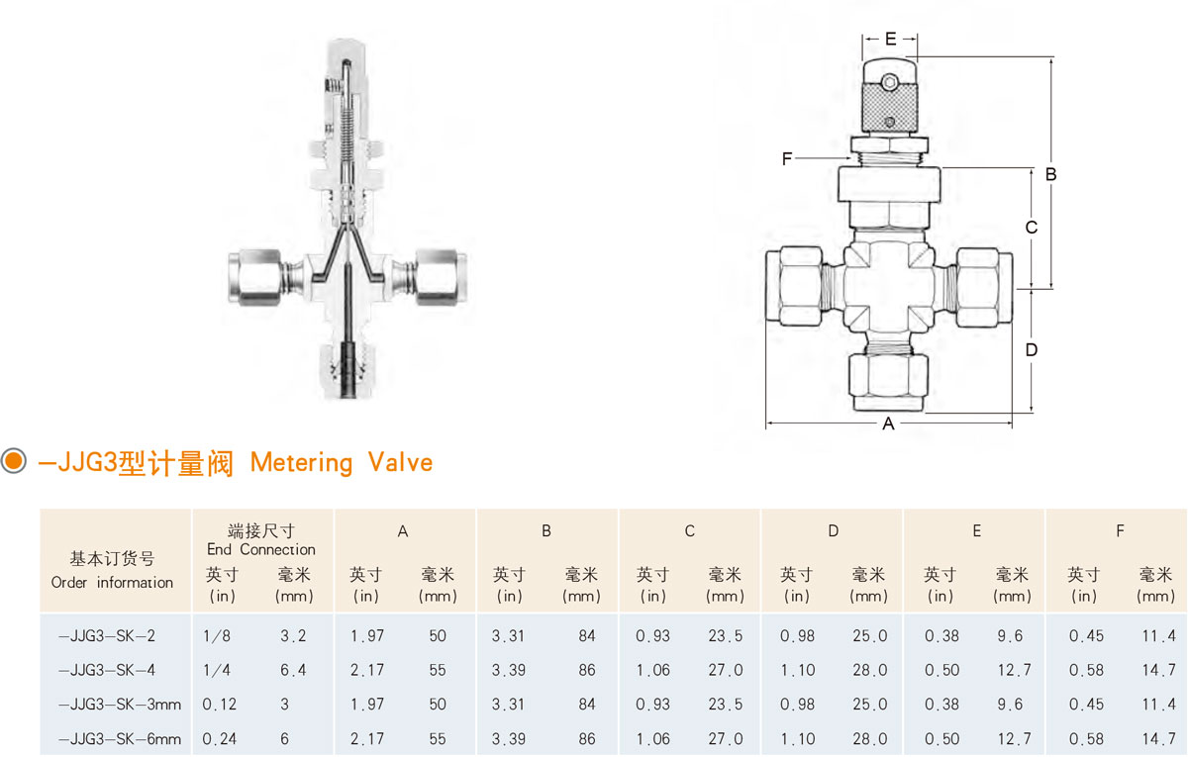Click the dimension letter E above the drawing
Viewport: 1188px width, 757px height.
click(x=890, y=39)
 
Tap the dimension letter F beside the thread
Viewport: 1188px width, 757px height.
click(x=787, y=158)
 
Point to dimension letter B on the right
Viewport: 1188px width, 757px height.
click(x=1050, y=174)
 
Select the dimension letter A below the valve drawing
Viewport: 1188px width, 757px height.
click(x=888, y=424)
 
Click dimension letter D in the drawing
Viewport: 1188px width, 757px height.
click(x=1032, y=350)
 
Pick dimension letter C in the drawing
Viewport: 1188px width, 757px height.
click(x=1032, y=228)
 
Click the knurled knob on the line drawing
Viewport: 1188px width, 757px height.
click(x=889, y=107)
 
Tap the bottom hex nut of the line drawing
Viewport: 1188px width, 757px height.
click(x=888, y=381)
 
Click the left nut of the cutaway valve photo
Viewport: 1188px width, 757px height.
click(x=255, y=277)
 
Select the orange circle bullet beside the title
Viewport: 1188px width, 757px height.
click(x=13, y=460)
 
